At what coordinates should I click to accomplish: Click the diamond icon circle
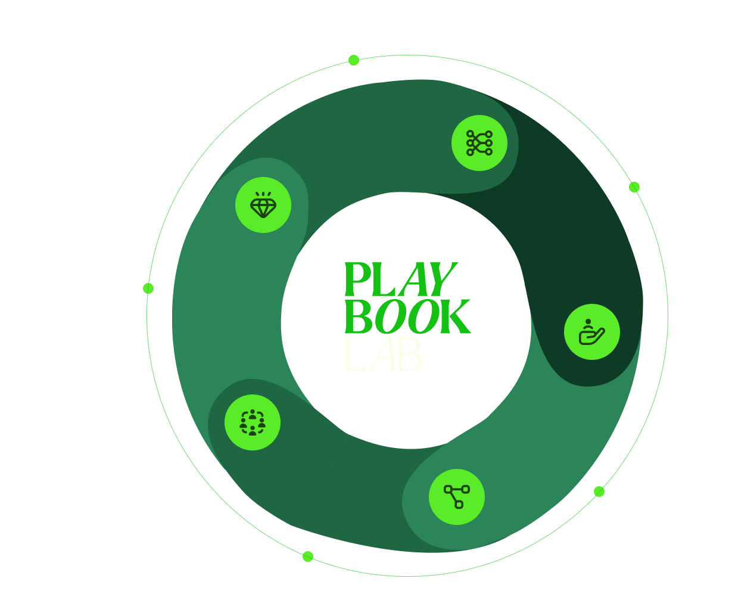coord(263,205)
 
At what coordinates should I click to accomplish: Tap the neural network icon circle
coord(479,143)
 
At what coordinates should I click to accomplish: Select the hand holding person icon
coord(592,332)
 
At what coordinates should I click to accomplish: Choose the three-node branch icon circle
coord(457,497)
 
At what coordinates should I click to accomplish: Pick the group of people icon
coord(253,422)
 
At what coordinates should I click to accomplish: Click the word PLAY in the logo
coord(401,280)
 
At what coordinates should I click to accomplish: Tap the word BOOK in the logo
coord(407,316)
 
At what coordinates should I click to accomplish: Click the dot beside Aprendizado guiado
coord(354,60)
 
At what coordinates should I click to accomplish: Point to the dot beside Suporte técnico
coord(634,187)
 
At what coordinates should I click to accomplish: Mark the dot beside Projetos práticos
coord(599,492)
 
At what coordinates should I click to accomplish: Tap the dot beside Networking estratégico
coord(308,557)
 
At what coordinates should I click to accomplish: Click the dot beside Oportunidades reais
coord(148,288)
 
